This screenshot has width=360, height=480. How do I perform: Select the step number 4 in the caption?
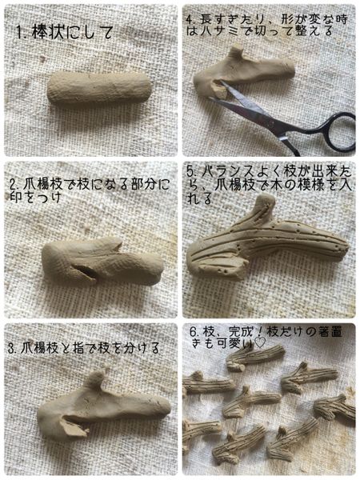coord(190,18)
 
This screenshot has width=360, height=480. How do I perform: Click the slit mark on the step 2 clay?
coord(89,272)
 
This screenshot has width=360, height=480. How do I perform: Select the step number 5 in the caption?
coord(190,171)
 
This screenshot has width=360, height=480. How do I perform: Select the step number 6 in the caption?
coord(192,331)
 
